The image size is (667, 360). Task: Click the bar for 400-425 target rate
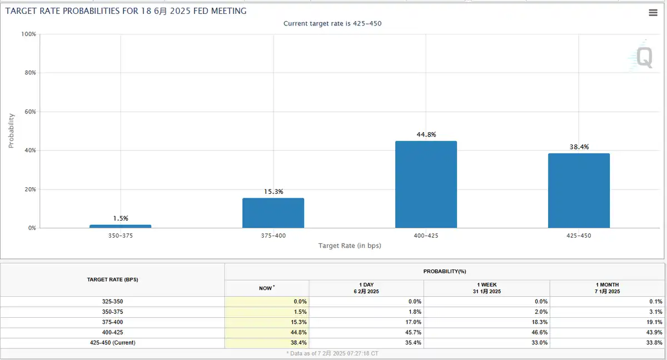point(426,184)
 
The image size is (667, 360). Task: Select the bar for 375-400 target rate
point(273,213)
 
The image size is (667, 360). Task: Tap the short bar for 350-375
point(120,226)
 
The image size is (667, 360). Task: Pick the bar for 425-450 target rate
point(579,191)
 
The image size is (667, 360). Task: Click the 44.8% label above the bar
point(426,134)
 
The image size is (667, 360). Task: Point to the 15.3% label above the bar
point(273,192)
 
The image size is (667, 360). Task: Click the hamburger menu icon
point(653,13)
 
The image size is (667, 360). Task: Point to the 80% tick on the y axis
point(28,73)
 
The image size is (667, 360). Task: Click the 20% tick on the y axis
point(28,189)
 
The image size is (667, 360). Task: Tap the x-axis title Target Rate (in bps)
point(350,246)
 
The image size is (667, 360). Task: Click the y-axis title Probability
point(11,131)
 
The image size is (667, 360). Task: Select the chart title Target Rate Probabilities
point(126,11)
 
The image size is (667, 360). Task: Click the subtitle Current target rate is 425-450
point(332,23)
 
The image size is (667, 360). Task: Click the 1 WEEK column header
point(486,288)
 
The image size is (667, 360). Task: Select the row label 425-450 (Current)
point(112,343)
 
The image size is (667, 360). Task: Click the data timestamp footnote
point(332,353)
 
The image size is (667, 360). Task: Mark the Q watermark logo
point(643,57)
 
